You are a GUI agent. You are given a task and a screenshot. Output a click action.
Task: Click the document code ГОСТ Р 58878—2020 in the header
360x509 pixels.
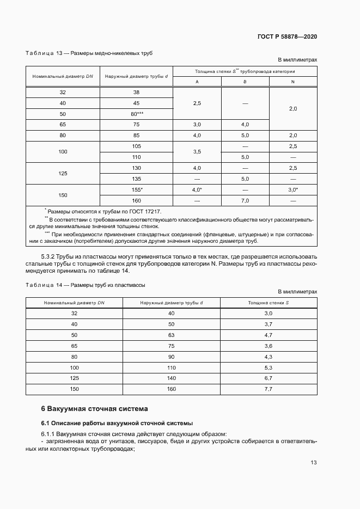pos(287,36)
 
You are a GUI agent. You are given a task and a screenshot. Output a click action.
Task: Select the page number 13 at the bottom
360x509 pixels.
pos(313,462)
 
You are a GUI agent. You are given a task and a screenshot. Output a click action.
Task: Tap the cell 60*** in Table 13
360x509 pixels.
pos(137,114)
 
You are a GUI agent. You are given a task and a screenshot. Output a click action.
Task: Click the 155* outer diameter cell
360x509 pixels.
pos(137,189)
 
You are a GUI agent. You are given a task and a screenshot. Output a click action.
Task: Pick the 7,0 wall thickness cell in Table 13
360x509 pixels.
pos(245,200)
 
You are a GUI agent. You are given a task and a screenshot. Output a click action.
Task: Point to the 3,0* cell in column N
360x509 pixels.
pos(293,189)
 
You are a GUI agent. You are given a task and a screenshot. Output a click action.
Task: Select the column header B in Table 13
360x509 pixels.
pos(245,82)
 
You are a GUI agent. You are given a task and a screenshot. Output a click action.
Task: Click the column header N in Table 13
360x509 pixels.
pos(293,82)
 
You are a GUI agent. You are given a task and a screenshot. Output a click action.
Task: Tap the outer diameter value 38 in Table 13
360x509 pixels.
pos(137,93)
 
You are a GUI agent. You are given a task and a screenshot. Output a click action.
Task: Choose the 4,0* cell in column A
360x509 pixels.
pos(197,189)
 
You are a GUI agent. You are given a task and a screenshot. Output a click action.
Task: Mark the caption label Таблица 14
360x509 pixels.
pos(44,285)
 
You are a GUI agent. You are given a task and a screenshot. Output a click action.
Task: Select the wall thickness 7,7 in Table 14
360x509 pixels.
pos(268,389)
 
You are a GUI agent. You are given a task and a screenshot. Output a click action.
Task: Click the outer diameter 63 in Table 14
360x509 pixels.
pos(171,335)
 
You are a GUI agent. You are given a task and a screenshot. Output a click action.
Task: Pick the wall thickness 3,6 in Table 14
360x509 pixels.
pos(268,346)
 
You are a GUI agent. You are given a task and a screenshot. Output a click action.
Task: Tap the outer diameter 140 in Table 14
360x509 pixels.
pos(171,378)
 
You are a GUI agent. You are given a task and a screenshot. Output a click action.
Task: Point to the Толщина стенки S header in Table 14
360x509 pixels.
pos(269,302)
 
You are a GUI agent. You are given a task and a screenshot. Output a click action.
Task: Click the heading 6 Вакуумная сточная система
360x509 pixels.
pos(94,408)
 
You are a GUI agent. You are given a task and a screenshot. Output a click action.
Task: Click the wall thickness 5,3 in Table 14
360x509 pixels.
pos(268,367)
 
